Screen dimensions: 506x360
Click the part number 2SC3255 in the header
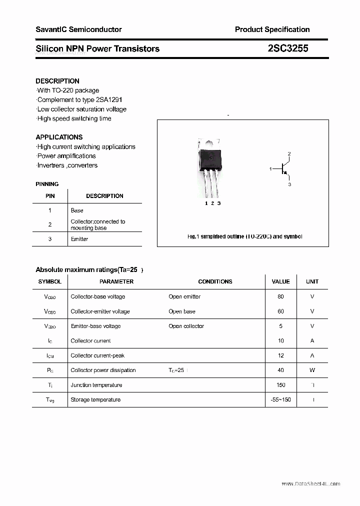point(287,48)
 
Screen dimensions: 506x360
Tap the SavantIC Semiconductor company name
point(78,29)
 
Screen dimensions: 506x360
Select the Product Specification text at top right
point(272,29)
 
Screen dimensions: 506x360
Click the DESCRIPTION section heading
point(57,81)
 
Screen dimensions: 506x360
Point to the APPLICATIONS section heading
point(59,137)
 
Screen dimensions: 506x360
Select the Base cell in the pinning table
point(77,210)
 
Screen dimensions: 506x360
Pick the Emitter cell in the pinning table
point(79,239)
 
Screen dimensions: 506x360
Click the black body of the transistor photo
point(210,159)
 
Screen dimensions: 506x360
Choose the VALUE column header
point(280,281)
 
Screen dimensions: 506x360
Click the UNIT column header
point(312,281)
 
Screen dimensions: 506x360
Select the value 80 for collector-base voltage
point(280,296)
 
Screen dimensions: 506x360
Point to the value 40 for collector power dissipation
point(280,370)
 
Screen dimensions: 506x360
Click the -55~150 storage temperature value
point(280,399)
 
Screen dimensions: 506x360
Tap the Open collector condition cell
point(186,326)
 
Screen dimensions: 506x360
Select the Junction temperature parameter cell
point(96,385)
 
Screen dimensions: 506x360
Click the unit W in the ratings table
point(312,370)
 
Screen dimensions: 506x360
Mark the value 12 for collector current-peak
point(280,355)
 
